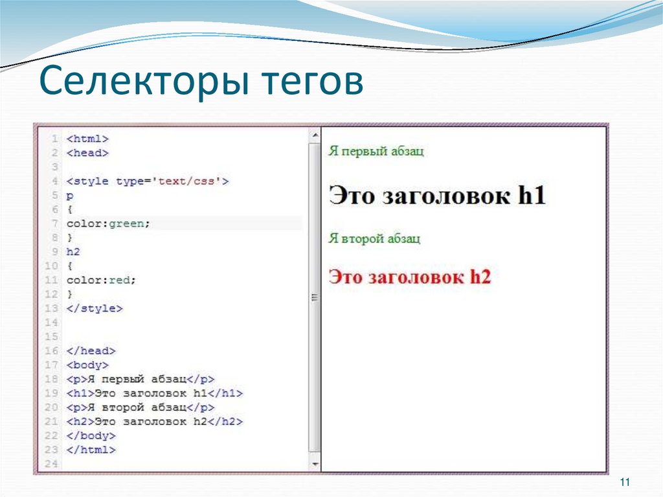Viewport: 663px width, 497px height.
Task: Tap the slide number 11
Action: coord(625,483)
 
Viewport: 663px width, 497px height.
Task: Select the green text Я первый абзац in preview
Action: coord(376,152)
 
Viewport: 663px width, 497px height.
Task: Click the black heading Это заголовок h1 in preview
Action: coord(438,195)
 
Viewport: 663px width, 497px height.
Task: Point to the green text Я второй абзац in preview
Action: coord(374,238)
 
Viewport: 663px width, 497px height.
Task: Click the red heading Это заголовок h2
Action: coord(410,277)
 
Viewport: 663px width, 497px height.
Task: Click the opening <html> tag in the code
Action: coord(87,139)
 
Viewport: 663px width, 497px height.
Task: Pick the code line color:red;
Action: coord(102,281)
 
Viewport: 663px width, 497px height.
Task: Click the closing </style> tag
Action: coord(94,308)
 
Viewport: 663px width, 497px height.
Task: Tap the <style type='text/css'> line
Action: coord(148,181)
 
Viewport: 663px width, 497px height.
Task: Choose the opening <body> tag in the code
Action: coord(87,365)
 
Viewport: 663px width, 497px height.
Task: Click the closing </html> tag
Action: coord(91,450)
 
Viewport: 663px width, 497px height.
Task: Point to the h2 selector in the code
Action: coord(73,252)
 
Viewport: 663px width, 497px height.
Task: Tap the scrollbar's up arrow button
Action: coord(315,135)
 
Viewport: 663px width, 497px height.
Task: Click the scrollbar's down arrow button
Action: coord(315,465)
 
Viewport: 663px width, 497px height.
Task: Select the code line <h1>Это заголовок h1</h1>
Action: coord(154,393)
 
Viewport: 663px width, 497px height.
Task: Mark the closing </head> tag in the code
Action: coord(91,351)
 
